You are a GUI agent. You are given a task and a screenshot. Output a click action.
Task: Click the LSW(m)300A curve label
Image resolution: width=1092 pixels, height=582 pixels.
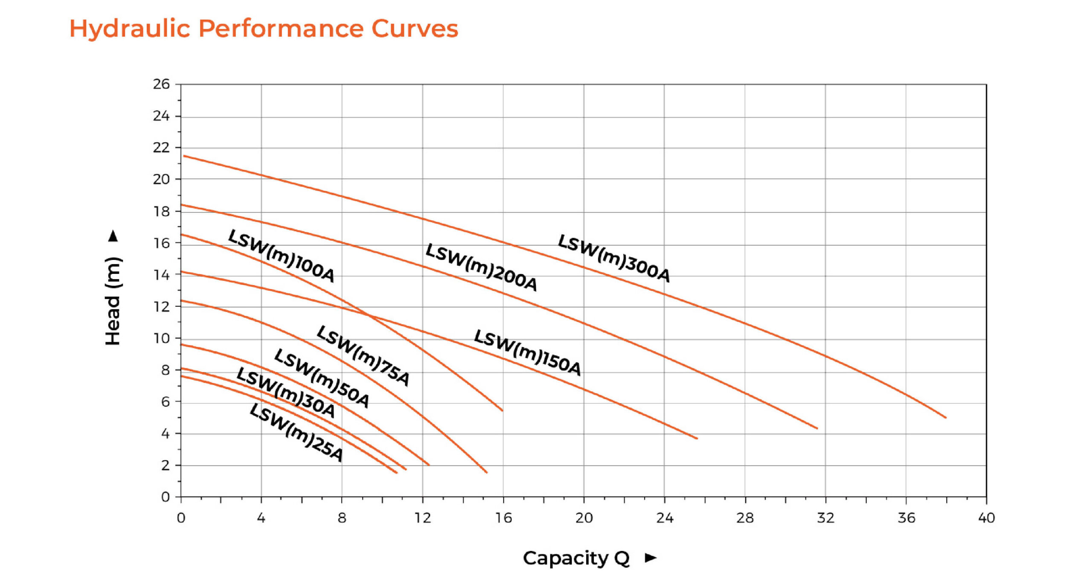[613, 258]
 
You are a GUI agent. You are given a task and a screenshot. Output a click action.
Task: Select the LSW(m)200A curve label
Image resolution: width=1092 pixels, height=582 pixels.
[481, 267]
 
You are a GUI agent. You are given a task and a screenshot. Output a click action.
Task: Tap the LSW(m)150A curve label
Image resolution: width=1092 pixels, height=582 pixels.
[527, 352]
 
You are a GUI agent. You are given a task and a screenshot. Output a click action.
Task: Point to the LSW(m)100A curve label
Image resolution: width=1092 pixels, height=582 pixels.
[281, 256]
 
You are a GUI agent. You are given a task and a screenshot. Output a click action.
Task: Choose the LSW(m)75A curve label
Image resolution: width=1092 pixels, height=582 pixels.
[363, 355]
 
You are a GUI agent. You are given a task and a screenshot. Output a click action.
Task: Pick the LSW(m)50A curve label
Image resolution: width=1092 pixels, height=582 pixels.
[322, 378]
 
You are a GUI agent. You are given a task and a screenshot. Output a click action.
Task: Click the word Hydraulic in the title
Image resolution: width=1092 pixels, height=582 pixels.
[130, 29]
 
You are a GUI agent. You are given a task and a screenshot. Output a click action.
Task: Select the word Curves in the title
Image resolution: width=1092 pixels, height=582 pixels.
[415, 29]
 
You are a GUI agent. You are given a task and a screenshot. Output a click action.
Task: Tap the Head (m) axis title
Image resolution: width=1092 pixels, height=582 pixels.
[113, 301]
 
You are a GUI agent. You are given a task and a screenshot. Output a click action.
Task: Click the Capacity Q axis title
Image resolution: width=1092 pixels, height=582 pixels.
[576, 558]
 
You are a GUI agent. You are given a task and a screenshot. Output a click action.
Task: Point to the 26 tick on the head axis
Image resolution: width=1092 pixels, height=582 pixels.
[161, 84]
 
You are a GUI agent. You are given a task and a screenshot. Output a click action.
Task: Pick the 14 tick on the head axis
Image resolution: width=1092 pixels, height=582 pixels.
[161, 275]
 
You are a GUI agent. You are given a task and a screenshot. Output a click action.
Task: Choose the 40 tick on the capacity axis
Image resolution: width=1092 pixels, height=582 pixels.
[986, 518]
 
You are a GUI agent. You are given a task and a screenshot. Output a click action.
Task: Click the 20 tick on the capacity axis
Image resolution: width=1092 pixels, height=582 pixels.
[584, 518]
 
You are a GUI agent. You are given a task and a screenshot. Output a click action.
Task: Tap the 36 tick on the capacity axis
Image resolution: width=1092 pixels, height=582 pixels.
[906, 518]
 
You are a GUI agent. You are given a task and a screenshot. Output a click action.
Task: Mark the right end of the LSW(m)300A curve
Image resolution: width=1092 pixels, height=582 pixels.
[946, 417]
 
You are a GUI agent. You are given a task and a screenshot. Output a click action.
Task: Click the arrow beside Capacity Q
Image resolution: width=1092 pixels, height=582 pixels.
[651, 558]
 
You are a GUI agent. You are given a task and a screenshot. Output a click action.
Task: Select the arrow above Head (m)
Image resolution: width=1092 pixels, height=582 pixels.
[113, 236]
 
